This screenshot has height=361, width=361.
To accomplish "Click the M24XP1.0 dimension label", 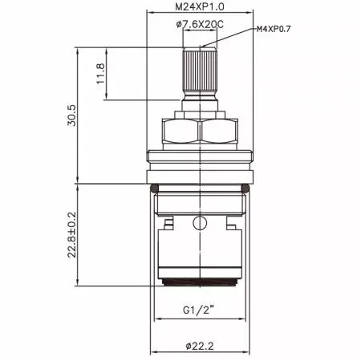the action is point(200,6).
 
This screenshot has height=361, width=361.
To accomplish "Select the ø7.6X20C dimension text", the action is point(200,24).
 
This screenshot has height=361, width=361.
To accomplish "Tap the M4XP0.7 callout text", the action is point(274,29).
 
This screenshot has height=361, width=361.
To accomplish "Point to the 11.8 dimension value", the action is point(100,74).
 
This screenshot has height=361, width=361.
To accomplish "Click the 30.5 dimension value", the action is point(71,116).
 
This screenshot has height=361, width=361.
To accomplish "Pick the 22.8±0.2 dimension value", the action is point(71,235).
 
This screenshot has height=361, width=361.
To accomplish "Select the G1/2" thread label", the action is point(199,310).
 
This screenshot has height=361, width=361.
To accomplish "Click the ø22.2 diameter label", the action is point(200,346).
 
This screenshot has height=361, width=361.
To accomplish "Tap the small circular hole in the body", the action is point(200,223).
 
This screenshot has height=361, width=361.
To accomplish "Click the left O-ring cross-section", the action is point(154,189).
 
